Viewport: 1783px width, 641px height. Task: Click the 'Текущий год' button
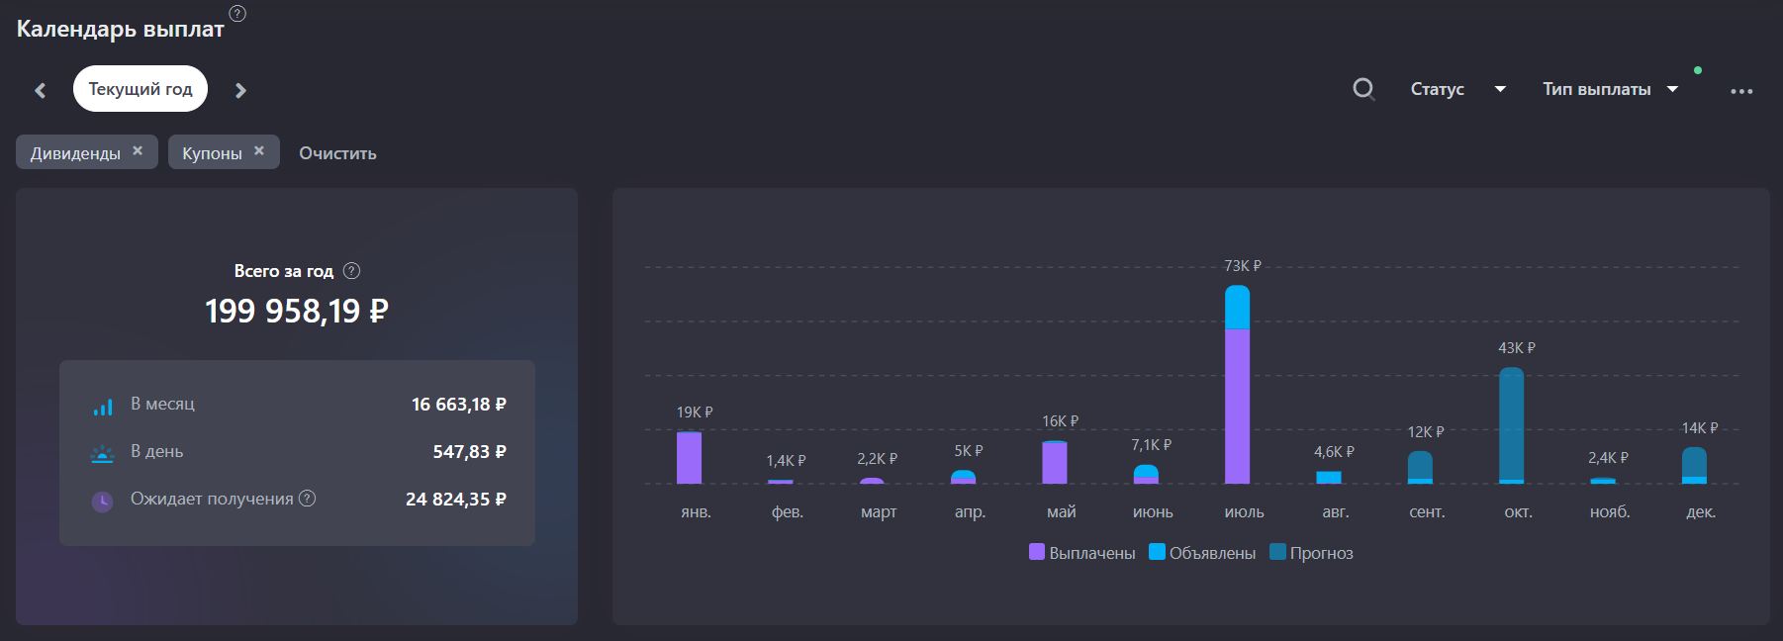pos(141,89)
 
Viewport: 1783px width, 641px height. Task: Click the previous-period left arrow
pos(41,90)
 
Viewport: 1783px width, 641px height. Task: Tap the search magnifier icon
pos(1363,89)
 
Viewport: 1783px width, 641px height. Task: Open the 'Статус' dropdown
pos(1457,89)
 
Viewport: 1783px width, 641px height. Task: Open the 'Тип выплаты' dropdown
pos(1610,89)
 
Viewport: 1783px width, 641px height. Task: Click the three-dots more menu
pos(1741,91)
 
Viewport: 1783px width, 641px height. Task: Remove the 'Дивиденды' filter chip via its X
pos(138,150)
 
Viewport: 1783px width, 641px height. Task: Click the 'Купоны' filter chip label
pos(212,153)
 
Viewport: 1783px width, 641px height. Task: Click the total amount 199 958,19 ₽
pos(297,311)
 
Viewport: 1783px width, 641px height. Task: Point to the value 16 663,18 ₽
pos(459,404)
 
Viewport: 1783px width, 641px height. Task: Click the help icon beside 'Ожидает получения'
pos(308,499)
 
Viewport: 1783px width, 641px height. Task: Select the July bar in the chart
pos(1237,384)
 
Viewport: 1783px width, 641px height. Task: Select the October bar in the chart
pos(1511,425)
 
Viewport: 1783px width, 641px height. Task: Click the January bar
pos(689,457)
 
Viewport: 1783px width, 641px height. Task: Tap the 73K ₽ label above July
pos(1243,266)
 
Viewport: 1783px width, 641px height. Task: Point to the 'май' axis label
pos(1062,511)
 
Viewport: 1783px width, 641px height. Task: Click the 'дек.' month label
pos(1701,511)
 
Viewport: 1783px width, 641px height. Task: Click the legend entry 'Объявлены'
pos(1202,553)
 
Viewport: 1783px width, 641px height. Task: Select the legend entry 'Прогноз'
pos(1311,553)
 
